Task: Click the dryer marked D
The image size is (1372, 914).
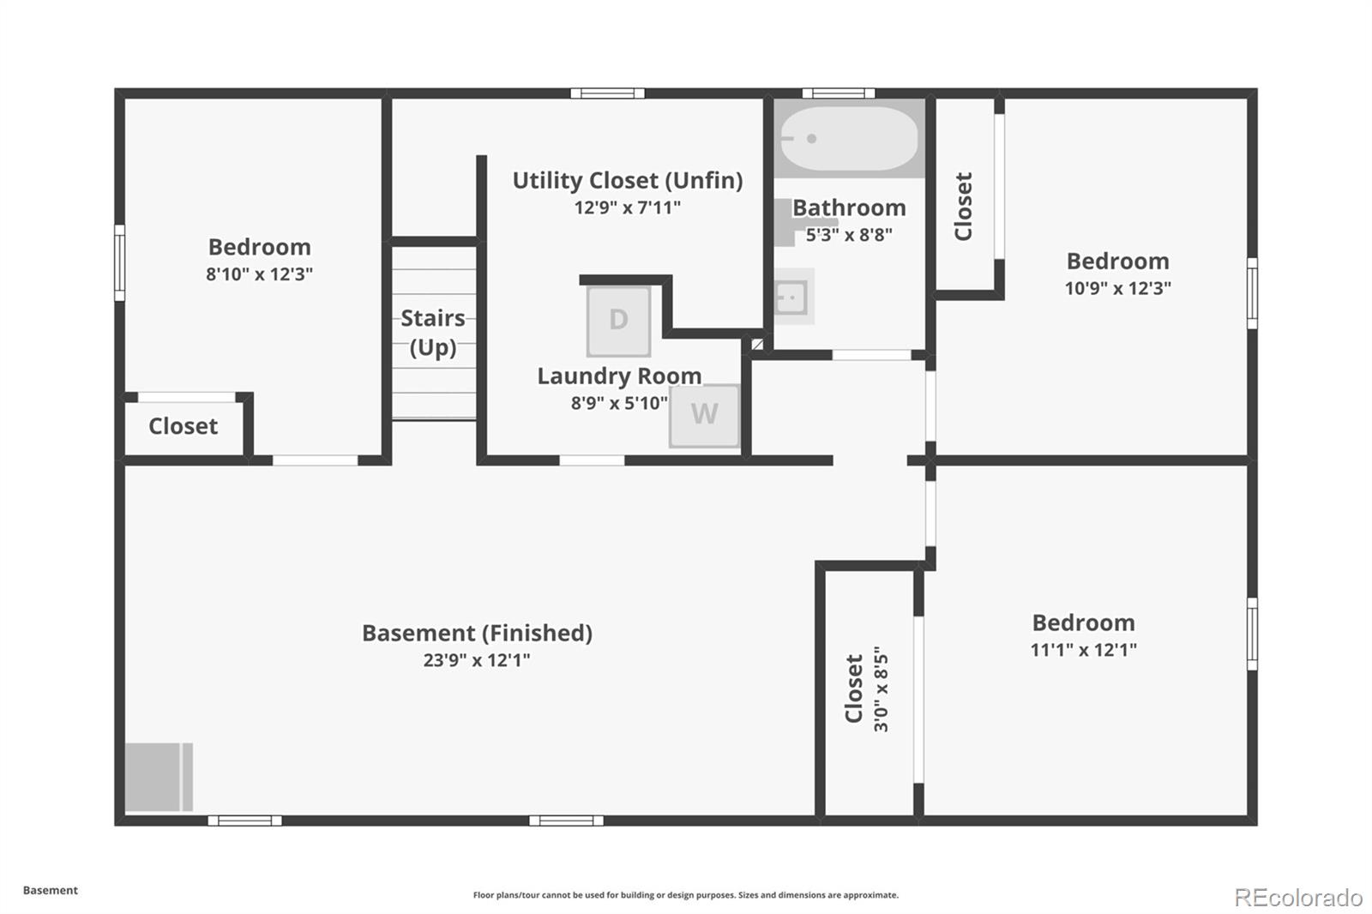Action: coord(618,321)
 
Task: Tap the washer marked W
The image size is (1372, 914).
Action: coord(704,415)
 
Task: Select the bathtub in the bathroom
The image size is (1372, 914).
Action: coord(849,138)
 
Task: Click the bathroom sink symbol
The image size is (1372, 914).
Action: coord(792,297)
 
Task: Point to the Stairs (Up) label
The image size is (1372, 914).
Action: coord(433,332)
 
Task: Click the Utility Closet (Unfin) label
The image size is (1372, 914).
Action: coord(628,180)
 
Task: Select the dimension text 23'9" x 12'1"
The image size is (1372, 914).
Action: coord(477,660)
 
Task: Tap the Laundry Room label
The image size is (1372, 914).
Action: coord(619,376)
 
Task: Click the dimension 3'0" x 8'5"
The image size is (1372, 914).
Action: coord(881,689)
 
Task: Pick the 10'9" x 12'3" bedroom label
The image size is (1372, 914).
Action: coord(1117,262)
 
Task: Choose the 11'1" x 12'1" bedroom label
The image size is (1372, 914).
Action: coord(1083,622)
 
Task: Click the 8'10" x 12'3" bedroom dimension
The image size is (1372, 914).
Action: coord(259,274)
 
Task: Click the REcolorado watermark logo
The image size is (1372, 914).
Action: coord(1298,897)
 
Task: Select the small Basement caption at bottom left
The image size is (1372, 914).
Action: coord(51,890)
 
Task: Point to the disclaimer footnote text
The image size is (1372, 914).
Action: coord(686,895)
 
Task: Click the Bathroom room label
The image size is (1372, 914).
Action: coord(849,207)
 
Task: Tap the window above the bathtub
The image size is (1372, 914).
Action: coord(839,93)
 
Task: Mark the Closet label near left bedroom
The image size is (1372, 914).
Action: coord(183,426)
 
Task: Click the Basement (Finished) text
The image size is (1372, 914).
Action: coord(477,633)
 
